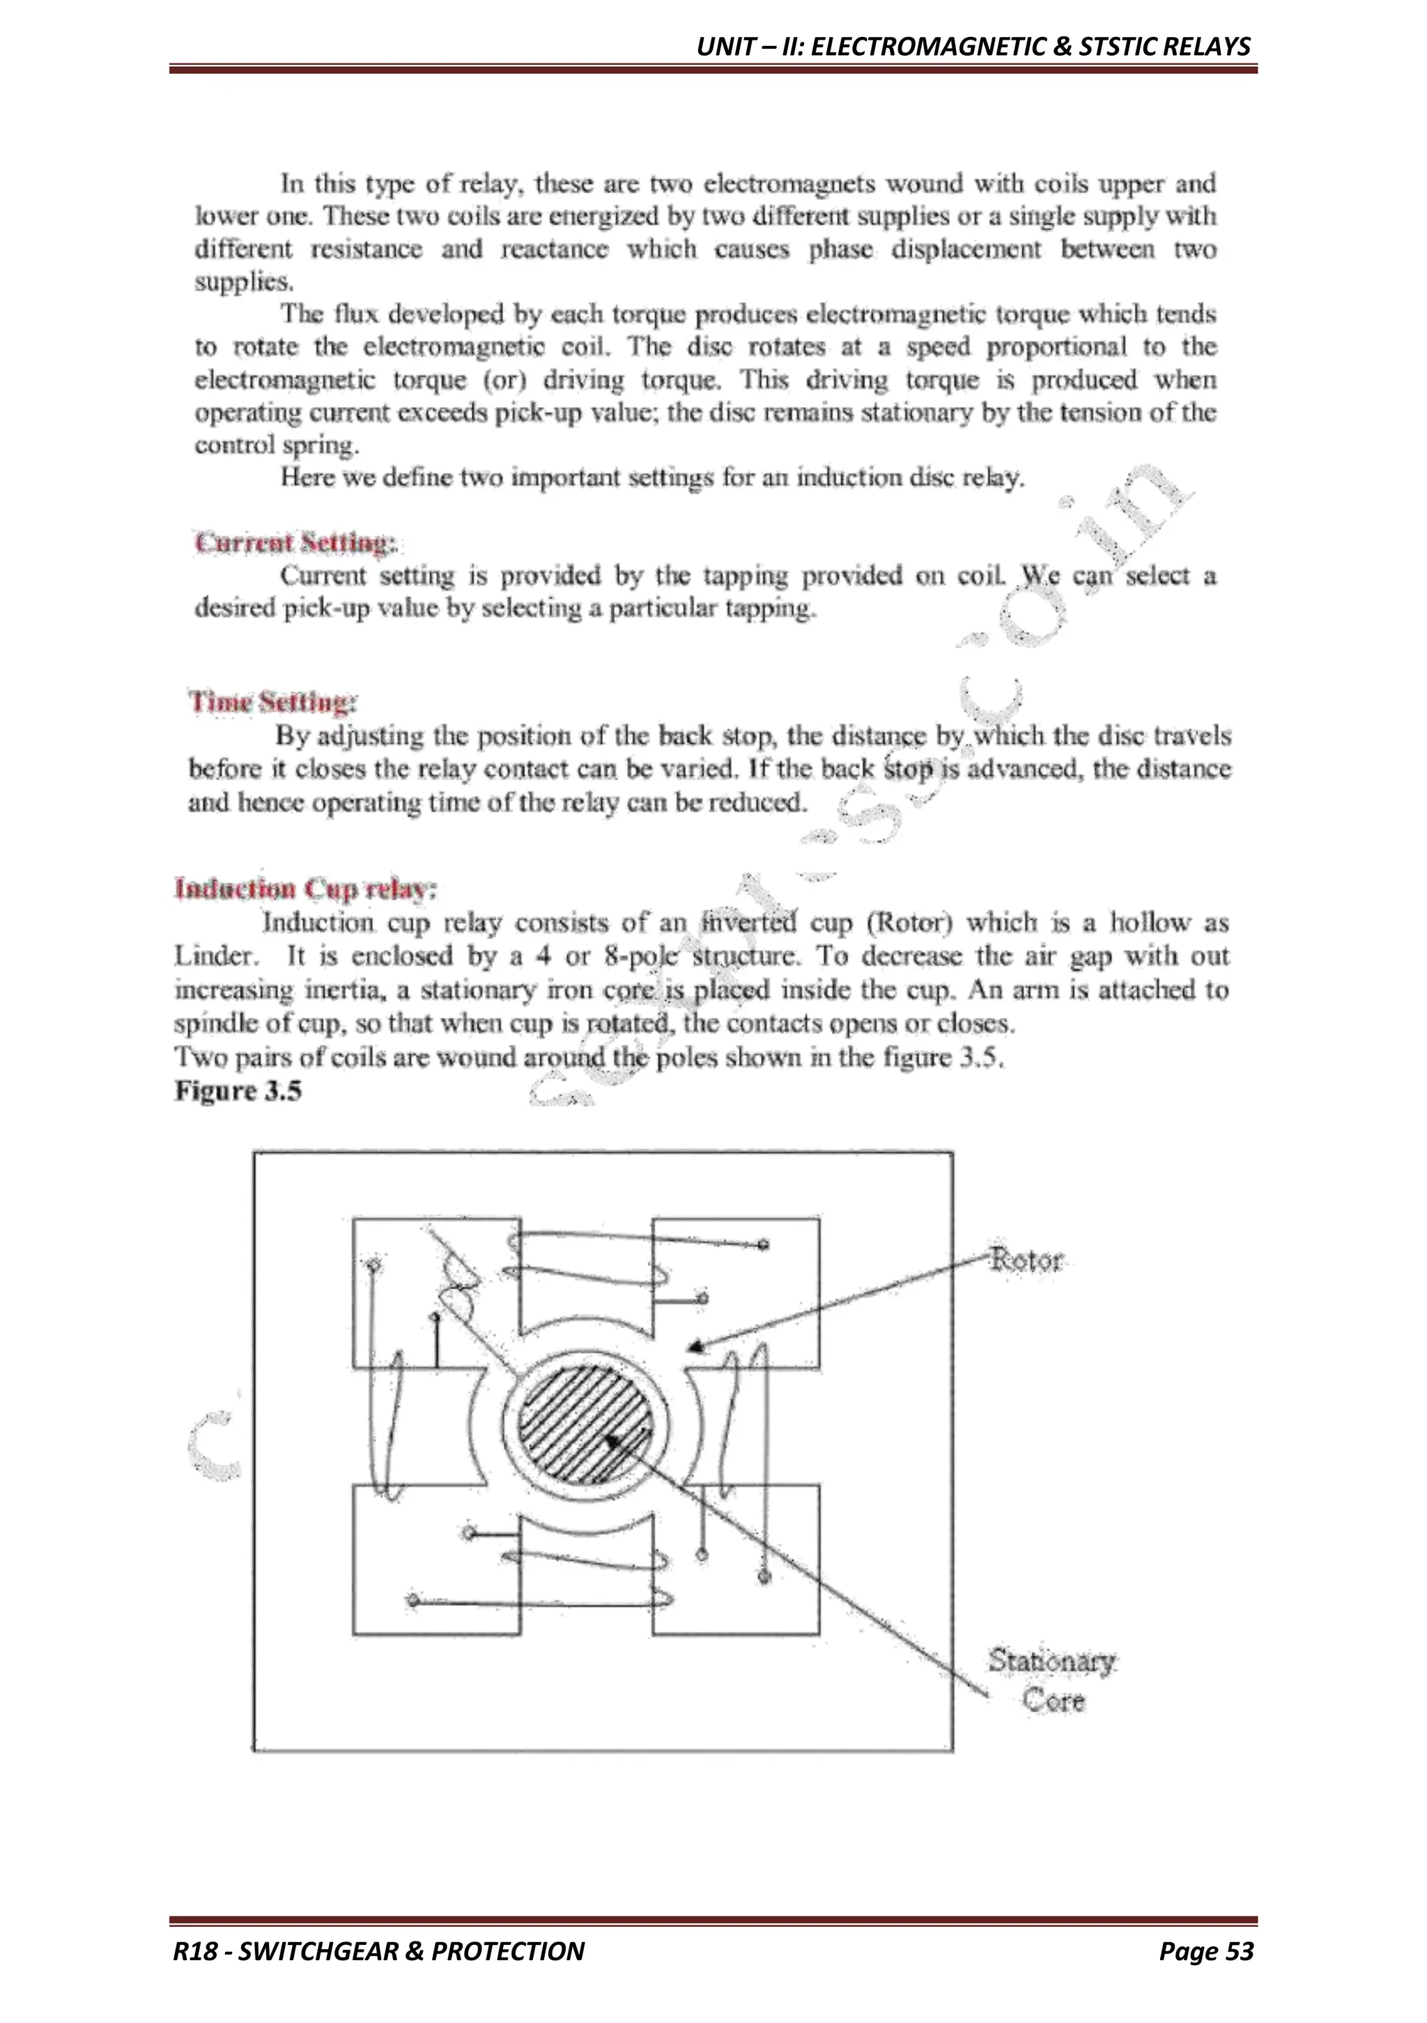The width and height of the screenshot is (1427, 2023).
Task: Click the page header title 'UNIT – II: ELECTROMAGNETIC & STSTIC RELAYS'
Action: coord(973,46)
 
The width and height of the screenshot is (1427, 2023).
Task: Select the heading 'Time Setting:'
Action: coord(272,702)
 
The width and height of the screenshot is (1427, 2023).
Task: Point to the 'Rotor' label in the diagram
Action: coord(1026,1259)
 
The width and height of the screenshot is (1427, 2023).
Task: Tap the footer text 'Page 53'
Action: coord(1205,1951)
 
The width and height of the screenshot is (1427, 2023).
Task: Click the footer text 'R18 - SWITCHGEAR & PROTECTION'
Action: coord(379,1951)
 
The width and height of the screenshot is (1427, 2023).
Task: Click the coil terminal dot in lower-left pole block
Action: coord(412,1599)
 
